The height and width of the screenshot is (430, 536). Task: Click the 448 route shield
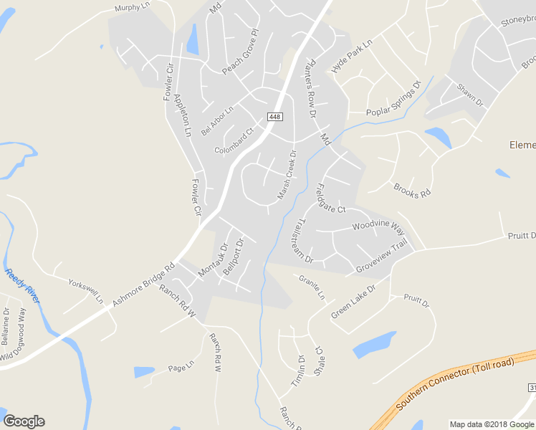pyautogui.click(x=274, y=117)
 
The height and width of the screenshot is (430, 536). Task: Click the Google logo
pyautogui.click(x=24, y=421)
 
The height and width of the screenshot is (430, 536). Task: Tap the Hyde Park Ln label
pyautogui.click(x=353, y=57)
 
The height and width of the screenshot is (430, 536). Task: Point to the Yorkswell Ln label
pyautogui.click(x=85, y=289)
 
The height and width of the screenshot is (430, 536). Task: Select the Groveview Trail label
pyautogui.click(x=381, y=256)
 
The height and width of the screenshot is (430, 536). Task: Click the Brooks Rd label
pyautogui.click(x=411, y=190)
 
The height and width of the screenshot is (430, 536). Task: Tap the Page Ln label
pyautogui.click(x=181, y=368)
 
